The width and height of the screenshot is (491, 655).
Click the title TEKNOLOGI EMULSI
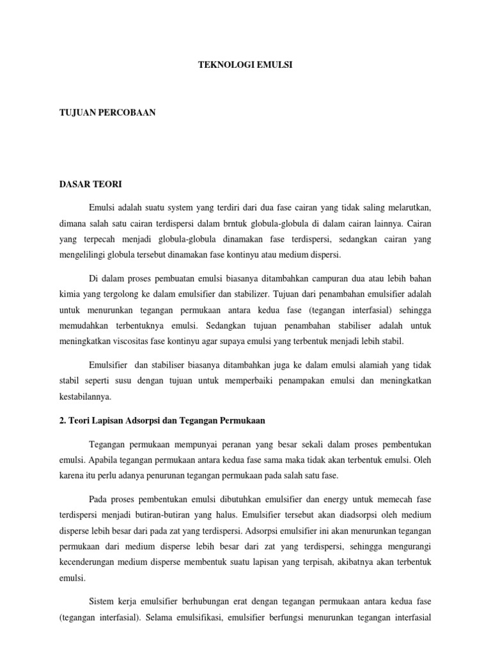pyautogui.click(x=245, y=65)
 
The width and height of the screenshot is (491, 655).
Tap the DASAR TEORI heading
pyautogui.click(x=86, y=184)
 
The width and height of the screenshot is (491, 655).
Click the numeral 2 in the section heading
pyautogui.click(x=61, y=421)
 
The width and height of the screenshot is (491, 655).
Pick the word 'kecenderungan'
pyautogui.click(x=90, y=564)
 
